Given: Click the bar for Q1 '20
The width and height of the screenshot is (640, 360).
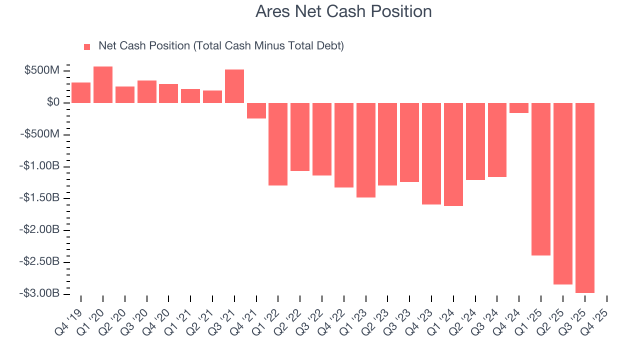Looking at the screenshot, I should click(x=103, y=84).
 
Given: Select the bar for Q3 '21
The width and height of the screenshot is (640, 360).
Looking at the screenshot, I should click(x=234, y=86).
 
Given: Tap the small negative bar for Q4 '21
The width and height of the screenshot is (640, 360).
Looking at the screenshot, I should click(x=256, y=110).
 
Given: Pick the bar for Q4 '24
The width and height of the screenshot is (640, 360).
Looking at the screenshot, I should click(x=519, y=108).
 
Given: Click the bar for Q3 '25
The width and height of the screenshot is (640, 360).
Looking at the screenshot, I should click(x=585, y=197).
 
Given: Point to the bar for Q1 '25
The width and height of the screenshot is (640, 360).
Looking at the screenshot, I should click(x=541, y=179).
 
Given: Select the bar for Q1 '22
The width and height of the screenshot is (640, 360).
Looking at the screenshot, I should click(x=278, y=144).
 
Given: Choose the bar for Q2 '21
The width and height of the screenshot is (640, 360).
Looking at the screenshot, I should click(x=212, y=96).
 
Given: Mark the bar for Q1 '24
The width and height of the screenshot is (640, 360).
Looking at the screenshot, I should click(x=453, y=154).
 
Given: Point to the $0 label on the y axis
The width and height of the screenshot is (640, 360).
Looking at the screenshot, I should click(x=53, y=102).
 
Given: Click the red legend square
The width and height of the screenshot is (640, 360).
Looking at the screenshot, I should click(x=87, y=46).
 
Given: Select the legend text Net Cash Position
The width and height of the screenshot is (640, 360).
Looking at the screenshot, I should click(x=144, y=46).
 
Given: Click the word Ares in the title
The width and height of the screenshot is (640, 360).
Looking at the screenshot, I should click(x=272, y=11).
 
